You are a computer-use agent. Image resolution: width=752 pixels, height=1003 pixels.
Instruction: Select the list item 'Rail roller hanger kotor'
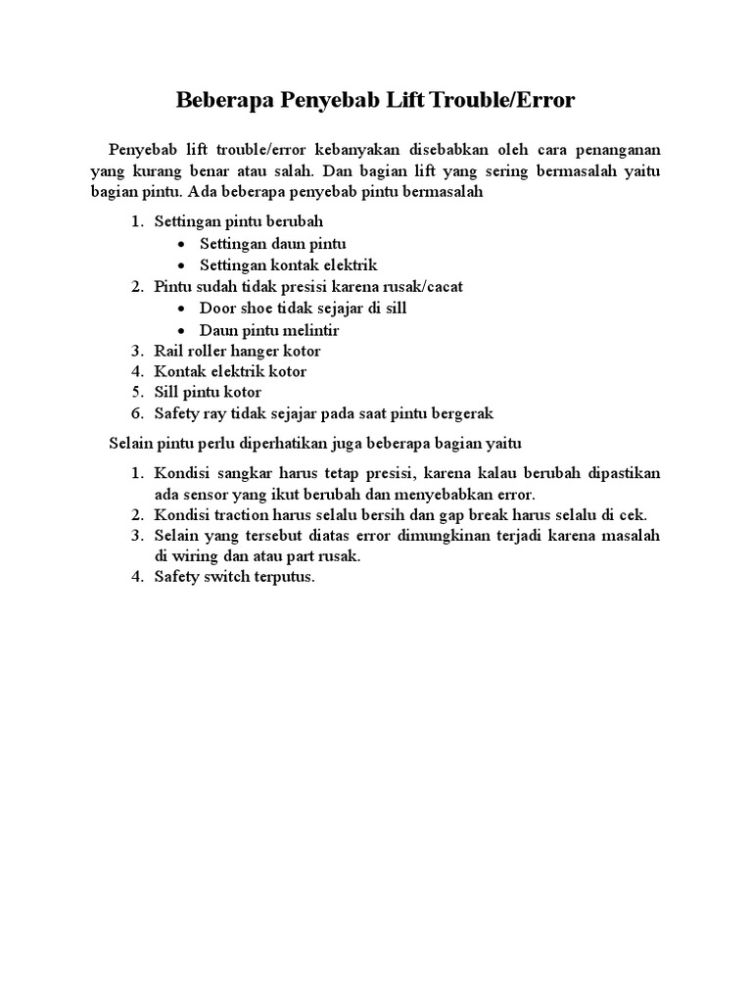(x=237, y=350)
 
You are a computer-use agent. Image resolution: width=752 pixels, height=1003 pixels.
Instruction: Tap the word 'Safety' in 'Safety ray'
(x=176, y=413)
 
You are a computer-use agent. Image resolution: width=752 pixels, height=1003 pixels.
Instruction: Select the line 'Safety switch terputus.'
(x=235, y=577)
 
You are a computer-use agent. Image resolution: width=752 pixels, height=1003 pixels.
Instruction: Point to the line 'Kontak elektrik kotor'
(x=230, y=371)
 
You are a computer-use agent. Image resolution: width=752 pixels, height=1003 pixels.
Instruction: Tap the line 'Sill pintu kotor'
(x=208, y=392)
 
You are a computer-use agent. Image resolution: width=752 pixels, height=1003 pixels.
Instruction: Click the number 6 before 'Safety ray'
(x=138, y=413)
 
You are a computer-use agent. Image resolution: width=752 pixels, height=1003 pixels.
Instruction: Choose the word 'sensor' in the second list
(x=205, y=494)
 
